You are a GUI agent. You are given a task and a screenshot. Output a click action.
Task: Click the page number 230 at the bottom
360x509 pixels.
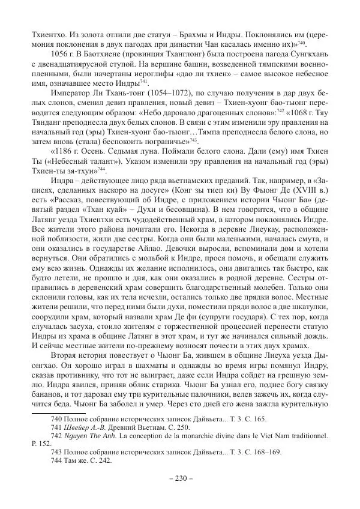180,479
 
